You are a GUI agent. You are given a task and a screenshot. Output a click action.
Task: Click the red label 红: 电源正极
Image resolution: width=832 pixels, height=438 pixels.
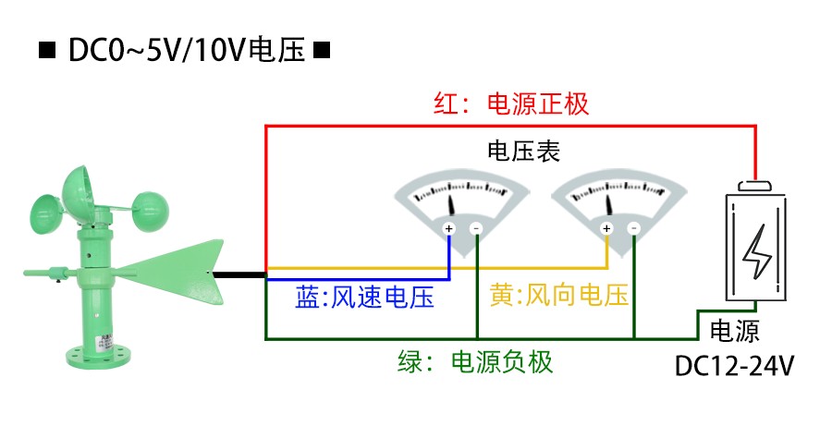click(x=511, y=103)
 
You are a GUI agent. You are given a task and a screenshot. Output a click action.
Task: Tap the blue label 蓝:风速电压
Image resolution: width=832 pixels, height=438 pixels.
click(x=364, y=298)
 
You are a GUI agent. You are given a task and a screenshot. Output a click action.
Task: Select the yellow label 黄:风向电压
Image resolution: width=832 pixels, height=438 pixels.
click(x=559, y=296)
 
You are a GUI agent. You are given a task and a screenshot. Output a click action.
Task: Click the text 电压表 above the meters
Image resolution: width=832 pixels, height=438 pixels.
click(x=523, y=151)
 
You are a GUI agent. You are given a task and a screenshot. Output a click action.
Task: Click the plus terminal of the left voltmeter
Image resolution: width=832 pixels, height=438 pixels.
click(x=448, y=228)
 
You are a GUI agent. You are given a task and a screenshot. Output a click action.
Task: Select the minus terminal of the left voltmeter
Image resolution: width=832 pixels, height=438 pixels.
click(x=476, y=228)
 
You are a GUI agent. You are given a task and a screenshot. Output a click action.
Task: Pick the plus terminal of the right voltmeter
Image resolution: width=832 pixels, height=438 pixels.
click(x=606, y=228)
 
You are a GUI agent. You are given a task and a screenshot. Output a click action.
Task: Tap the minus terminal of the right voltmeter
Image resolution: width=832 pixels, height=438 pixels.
click(x=634, y=228)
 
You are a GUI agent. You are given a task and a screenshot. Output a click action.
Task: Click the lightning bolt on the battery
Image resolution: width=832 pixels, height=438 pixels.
click(x=758, y=252)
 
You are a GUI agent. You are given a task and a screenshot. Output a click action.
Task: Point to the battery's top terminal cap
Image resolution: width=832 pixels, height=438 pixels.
click(x=757, y=186)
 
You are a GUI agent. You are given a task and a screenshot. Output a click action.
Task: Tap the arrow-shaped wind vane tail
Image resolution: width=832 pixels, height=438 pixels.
click(x=176, y=272)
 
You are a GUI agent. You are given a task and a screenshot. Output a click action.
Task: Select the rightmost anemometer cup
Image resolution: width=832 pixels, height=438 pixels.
click(x=148, y=206)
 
